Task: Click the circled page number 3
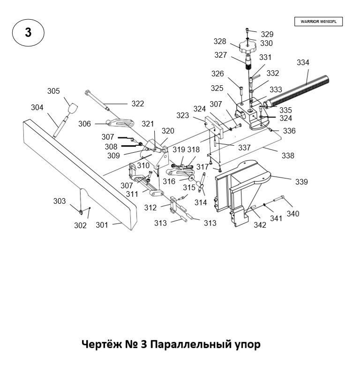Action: pyautogui.click(x=28, y=32)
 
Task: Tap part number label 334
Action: pyautogui.click(x=303, y=63)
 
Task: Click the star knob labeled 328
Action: pyautogui.click(x=247, y=47)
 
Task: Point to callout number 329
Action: pyautogui.click(x=267, y=34)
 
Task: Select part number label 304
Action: pyautogui.click(x=37, y=107)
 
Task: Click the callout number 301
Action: pyautogui.click(x=102, y=225)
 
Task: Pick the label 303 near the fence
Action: pyautogui.click(x=59, y=201)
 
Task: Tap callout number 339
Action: pyautogui.click(x=301, y=181)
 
